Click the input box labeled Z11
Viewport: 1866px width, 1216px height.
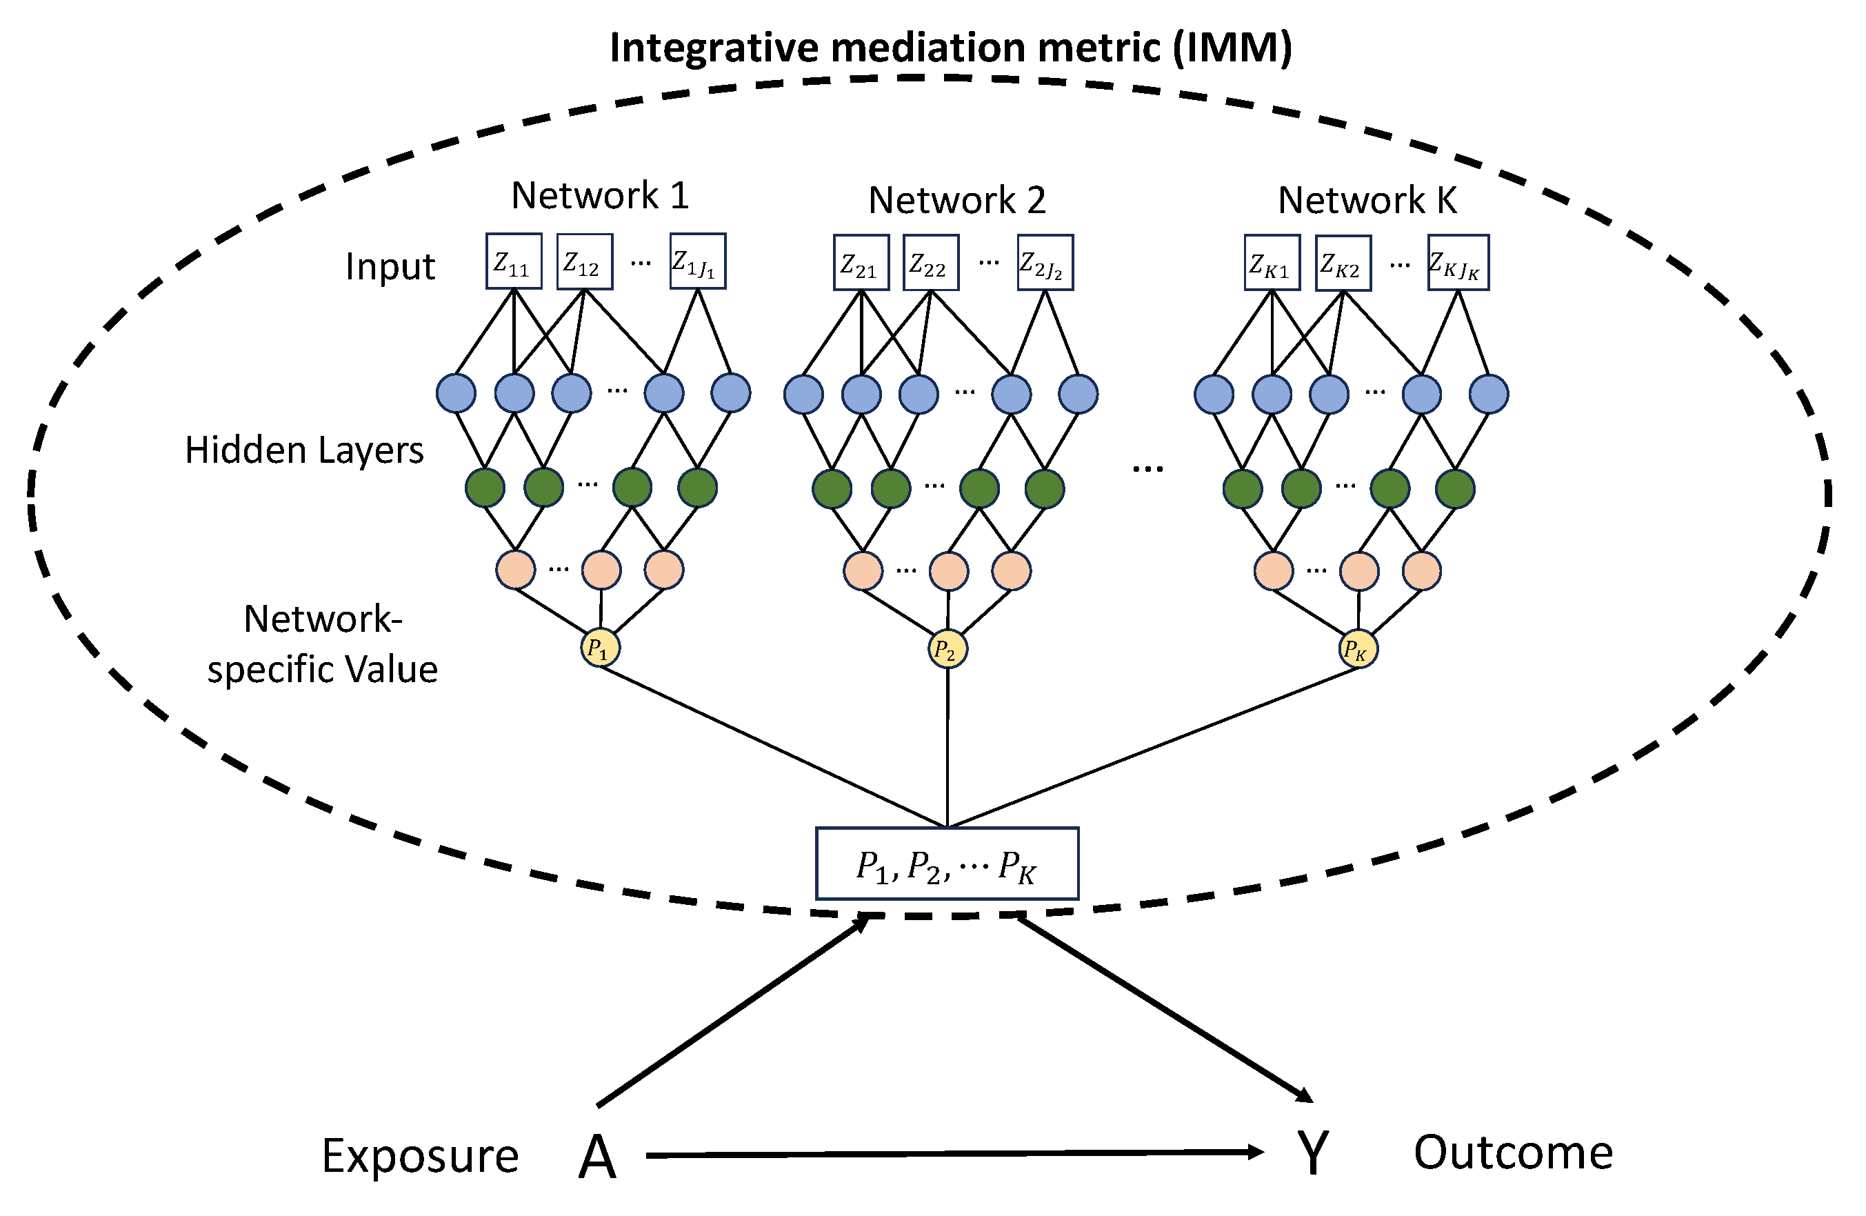[514, 262]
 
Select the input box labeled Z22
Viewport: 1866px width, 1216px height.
[931, 263]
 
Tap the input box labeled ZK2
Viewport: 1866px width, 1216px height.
[1343, 264]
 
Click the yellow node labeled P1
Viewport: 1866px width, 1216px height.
[600, 648]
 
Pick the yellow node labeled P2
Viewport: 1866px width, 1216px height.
[947, 650]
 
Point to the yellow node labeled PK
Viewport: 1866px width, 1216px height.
[1357, 650]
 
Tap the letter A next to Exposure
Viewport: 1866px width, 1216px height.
[597, 1158]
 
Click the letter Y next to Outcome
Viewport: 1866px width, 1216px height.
[1312, 1154]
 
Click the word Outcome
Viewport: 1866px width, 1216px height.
[1512, 1153]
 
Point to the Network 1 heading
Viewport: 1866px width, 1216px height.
[600, 195]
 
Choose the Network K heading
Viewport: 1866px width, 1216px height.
[1367, 200]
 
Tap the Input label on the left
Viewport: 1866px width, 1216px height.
[390, 266]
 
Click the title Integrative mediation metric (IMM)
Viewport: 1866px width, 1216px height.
[950, 47]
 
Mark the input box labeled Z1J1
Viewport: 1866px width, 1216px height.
[697, 262]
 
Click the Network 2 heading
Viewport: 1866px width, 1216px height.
[956, 201]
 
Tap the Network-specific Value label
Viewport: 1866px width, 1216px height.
[322, 644]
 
